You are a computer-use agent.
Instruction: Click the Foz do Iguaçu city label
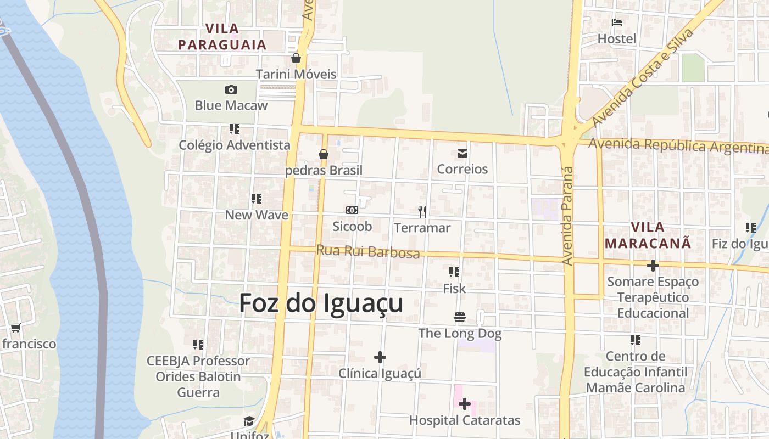coord(321,303)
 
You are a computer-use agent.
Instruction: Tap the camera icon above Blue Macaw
coord(231,89)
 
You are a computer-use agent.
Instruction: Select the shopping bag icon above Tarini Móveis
coord(296,58)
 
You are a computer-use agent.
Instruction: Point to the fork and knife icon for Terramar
coord(422,211)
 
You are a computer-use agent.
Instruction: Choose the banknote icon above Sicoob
coord(352,210)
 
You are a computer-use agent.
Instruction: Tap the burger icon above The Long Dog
coord(460,317)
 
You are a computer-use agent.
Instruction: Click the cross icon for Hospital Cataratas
coord(465,404)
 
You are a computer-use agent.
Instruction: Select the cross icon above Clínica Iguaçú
coord(380,357)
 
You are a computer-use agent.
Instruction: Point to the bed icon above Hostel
coord(617,23)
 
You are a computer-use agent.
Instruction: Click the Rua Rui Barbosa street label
coord(368,251)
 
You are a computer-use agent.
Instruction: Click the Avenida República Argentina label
coord(678,146)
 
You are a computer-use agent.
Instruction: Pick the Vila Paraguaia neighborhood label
coord(222,36)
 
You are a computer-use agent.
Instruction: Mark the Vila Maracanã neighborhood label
coord(648,235)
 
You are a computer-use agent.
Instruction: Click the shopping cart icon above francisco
coord(15,328)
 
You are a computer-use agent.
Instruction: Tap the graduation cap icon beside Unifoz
coord(249,421)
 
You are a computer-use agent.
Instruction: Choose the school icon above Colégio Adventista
coord(235,129)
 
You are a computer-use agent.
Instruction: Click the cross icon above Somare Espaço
coord(653,266)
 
